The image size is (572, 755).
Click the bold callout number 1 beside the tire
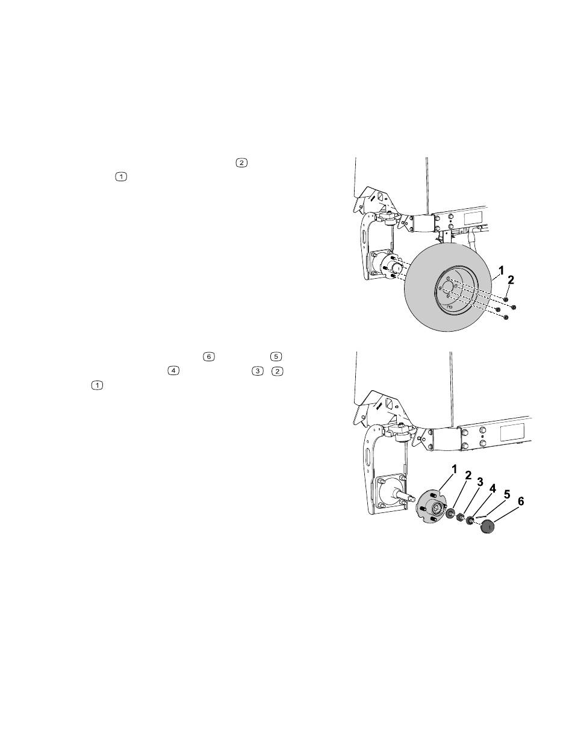click(501, 271)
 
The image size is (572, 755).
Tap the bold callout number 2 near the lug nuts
click(511, 279)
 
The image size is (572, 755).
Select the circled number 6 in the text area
click(209, 356)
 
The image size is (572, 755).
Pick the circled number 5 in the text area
click(276, 356)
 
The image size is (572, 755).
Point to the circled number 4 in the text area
click(173, 371)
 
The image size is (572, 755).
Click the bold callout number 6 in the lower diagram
click(521, 502)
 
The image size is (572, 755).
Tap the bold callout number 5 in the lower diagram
click(507, 494)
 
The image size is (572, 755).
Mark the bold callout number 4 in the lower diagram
click(493, 488)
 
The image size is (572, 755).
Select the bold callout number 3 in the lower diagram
click(480, 482)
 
